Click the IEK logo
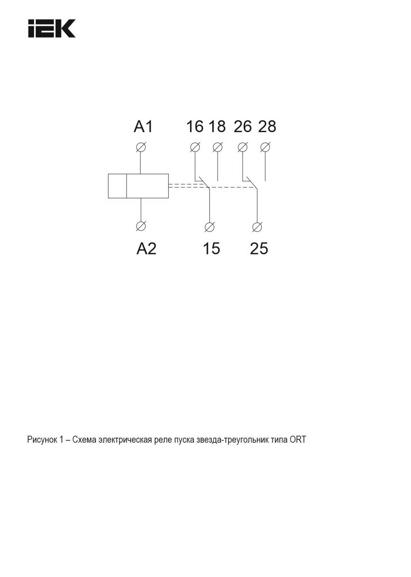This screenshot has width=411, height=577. (x=52, y=29)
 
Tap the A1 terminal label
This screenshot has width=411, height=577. (x=143, y=126)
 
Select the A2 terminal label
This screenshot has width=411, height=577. (x=146, y=248)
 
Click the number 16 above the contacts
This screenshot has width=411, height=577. (x=195, y=126)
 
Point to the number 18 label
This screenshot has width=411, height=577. (x=217, y=126)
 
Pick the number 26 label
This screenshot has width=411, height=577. (x=242, y=126)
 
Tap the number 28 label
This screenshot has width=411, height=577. (x=267, y=126)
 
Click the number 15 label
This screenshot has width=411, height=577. (x=211, y=248)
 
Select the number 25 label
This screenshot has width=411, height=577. (x=259, y=248)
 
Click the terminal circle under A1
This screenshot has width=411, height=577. (x=141, y=147)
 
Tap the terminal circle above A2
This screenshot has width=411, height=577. (x=141, y=226)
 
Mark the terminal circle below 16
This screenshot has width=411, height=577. (x=195, y=147)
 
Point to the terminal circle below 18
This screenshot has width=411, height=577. (x=218, y=147)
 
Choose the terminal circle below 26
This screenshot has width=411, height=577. (x=243, y=147)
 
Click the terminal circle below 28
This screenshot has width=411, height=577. (x=265, y=147)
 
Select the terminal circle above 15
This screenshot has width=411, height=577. (x=209, y=227)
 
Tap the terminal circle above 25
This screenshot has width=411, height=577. (x=257, y=227)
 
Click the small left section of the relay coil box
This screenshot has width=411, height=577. (x=118, y=186)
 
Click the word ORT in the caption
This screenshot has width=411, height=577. (x=298, y=439)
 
